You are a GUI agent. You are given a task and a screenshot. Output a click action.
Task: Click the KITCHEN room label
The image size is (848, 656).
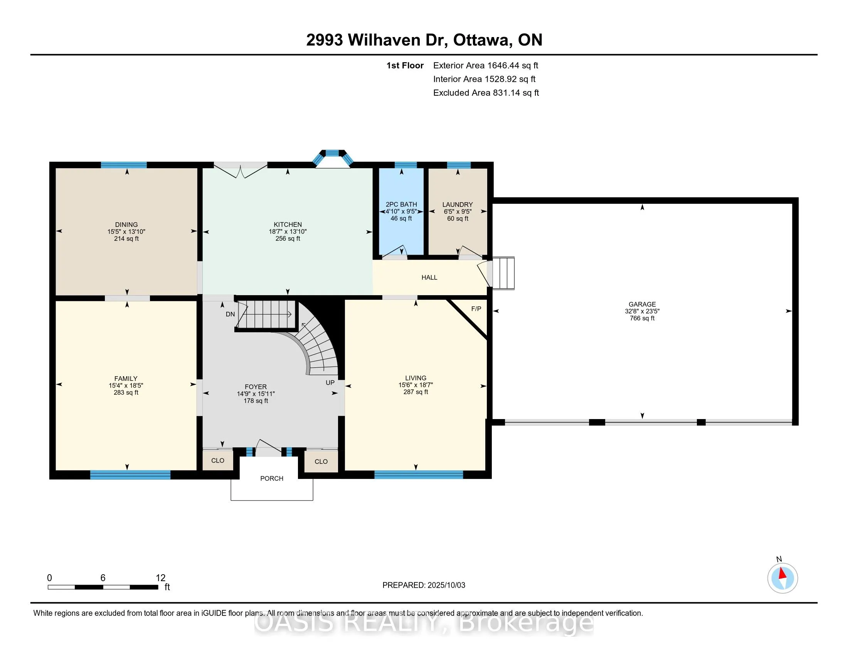click(287, 224)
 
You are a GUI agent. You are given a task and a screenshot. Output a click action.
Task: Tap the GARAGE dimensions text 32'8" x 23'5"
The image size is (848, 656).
click(642, 311)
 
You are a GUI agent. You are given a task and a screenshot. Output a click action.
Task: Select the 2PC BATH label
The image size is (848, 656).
click(401, 205)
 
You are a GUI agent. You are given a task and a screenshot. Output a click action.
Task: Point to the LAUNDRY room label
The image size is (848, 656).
click(458, 205)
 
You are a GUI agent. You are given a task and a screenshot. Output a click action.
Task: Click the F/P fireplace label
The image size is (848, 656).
click(476, 309)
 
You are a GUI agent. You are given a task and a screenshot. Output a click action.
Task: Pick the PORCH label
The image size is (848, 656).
click(272, 478)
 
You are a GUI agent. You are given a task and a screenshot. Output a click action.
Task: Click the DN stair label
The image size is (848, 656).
click(230, 314)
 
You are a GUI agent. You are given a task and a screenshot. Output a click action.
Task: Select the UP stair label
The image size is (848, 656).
click(330, 382)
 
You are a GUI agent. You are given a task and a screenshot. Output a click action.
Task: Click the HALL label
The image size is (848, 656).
click(429, 277)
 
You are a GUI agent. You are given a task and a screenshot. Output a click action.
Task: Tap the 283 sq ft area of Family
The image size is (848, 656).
click(126, 392)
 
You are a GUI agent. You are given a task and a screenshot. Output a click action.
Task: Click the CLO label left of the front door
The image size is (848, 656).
click(218, 460)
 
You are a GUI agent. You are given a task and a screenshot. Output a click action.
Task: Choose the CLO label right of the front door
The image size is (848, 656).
click(321, 461)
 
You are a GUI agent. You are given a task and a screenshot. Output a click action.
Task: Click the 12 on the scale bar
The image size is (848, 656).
click(160, 578)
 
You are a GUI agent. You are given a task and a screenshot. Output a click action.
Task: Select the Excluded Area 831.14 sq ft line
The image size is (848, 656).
click(486, 93)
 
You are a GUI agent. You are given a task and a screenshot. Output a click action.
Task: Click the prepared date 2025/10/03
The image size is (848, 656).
click(446, 585)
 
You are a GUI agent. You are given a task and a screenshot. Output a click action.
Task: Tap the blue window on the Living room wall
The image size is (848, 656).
click(419, 475)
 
